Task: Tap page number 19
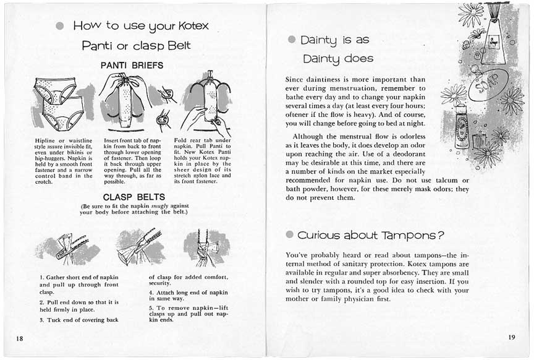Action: pos(511,337)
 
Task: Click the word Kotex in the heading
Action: pos(193,27)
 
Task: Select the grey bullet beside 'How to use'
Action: pos(59,26)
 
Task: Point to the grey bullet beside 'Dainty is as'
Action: pos(292,40)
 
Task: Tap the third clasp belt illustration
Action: pos(202,249)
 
